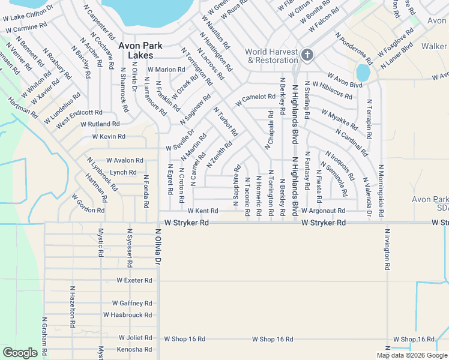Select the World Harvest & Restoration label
(272, 56)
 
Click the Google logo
(20, 352)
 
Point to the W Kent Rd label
(202, 211)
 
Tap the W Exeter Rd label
(134, 280)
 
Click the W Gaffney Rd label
(132, 304)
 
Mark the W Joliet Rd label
(135, 338)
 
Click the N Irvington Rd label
(387, 249)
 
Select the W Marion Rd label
(166, 70)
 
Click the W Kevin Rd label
(109, 137)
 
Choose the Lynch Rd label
(123, 172)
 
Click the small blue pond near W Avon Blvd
(363, 73)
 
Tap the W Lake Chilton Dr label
(27, 8)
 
